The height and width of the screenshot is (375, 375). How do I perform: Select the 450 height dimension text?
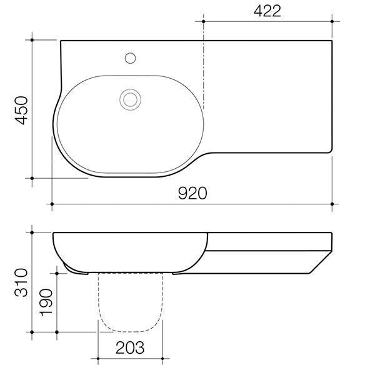pyautogui.click(x=21, y=110)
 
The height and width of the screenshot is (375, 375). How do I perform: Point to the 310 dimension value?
pyautogui.click(x=21, y=282)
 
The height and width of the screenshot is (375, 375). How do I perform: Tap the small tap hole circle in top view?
pyautogui.click(x=131, y=58)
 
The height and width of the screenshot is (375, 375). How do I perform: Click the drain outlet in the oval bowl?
pyautogui.click(x=131, y=98)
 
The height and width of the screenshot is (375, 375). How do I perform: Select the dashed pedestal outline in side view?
pyautogui.click(x=128, y=306)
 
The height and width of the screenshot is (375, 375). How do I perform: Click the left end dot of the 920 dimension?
pyautogui.click(x=52, y=204)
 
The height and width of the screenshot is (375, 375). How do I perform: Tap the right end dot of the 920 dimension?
pyautogui.click(x=332, y=204)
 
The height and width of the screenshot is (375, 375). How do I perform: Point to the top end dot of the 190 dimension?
pyautogui.click(x=57, y=272)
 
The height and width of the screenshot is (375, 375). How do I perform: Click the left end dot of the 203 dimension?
pyautogui.click(x=97, y=359)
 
